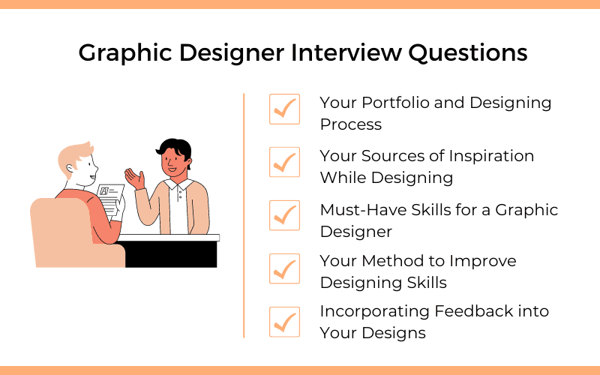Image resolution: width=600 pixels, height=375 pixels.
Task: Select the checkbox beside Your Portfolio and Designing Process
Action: coord(284,109)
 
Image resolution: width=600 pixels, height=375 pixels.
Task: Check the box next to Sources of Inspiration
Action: coord(284,162)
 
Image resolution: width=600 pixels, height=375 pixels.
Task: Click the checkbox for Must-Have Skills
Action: coord(284,215)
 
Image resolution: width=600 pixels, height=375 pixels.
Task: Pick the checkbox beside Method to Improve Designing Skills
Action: coord(284,268)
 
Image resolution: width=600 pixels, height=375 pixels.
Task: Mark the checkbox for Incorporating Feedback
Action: coord(284,321)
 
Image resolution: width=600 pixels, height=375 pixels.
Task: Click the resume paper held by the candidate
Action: coord(111,199)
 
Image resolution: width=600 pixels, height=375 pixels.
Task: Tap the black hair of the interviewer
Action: coord(174,147)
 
